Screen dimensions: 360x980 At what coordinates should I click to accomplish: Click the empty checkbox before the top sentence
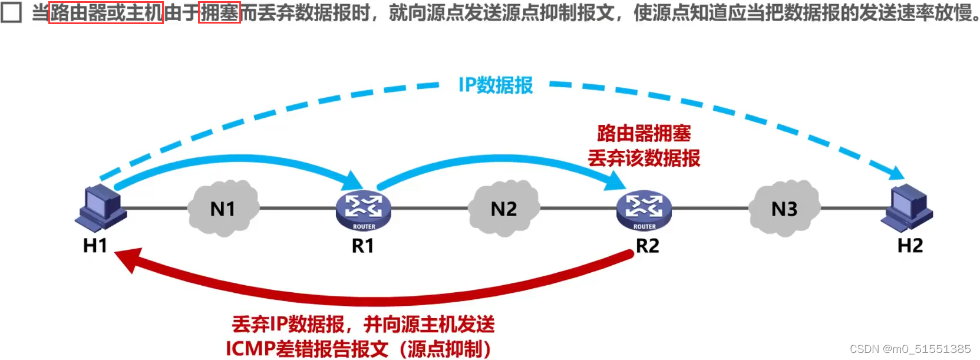tap(11, 12)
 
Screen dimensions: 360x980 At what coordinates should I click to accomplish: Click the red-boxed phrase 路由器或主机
tap(105, 12)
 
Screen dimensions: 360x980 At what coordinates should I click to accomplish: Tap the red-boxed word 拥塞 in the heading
tap(219, 12)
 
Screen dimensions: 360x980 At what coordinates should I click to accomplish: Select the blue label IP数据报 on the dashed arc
tap(496, 85)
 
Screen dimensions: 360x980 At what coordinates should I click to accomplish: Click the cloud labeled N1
tap(223, 209)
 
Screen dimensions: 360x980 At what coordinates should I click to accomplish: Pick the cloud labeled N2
tap(503, 209)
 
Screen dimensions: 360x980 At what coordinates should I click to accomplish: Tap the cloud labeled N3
tap(784, 209)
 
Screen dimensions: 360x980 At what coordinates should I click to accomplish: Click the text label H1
tap(95, 245)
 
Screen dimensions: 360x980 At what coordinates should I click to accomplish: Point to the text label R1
tap(363, 246)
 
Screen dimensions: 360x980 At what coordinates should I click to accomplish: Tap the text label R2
tap(647, 246)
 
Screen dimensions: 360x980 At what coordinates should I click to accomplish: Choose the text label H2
tap(910, 245)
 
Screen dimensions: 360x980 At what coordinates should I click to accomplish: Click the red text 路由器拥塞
tap(644, 133)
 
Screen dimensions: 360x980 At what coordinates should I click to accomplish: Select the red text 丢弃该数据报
tap(644, 158)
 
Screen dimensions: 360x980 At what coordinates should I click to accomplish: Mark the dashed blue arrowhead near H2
tap(896, 172)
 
